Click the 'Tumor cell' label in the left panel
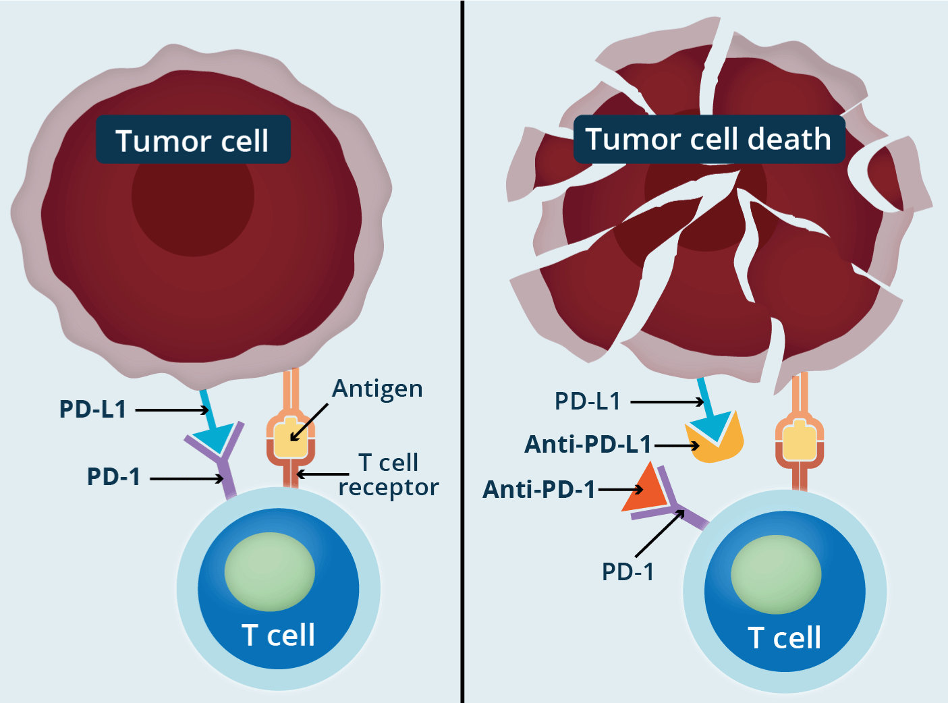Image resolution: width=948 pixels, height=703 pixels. click(192, 140)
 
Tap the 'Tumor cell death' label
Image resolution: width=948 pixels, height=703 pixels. click(708, 139)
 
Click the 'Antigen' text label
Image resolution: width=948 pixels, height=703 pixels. click(377, 389)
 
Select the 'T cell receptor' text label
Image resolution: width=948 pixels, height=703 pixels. click(389, 474)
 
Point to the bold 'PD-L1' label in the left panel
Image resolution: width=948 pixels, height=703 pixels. click(93, 409)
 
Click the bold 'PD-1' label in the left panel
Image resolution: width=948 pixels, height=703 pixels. click(113, 476)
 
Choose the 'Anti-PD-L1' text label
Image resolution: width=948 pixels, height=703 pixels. click(588, 445)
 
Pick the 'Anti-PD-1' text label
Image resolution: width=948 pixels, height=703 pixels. click(539, 489)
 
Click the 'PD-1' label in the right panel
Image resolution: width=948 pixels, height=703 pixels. click(628, 571)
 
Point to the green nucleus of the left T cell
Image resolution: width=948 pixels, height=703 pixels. click(269, 571)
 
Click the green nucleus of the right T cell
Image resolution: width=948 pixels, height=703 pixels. click(776, 574)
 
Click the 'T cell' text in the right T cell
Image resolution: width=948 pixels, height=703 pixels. click(784, 638)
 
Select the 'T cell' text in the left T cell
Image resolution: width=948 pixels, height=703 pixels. click(278, 635)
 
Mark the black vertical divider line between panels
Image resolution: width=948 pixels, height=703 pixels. click(462, 351)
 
